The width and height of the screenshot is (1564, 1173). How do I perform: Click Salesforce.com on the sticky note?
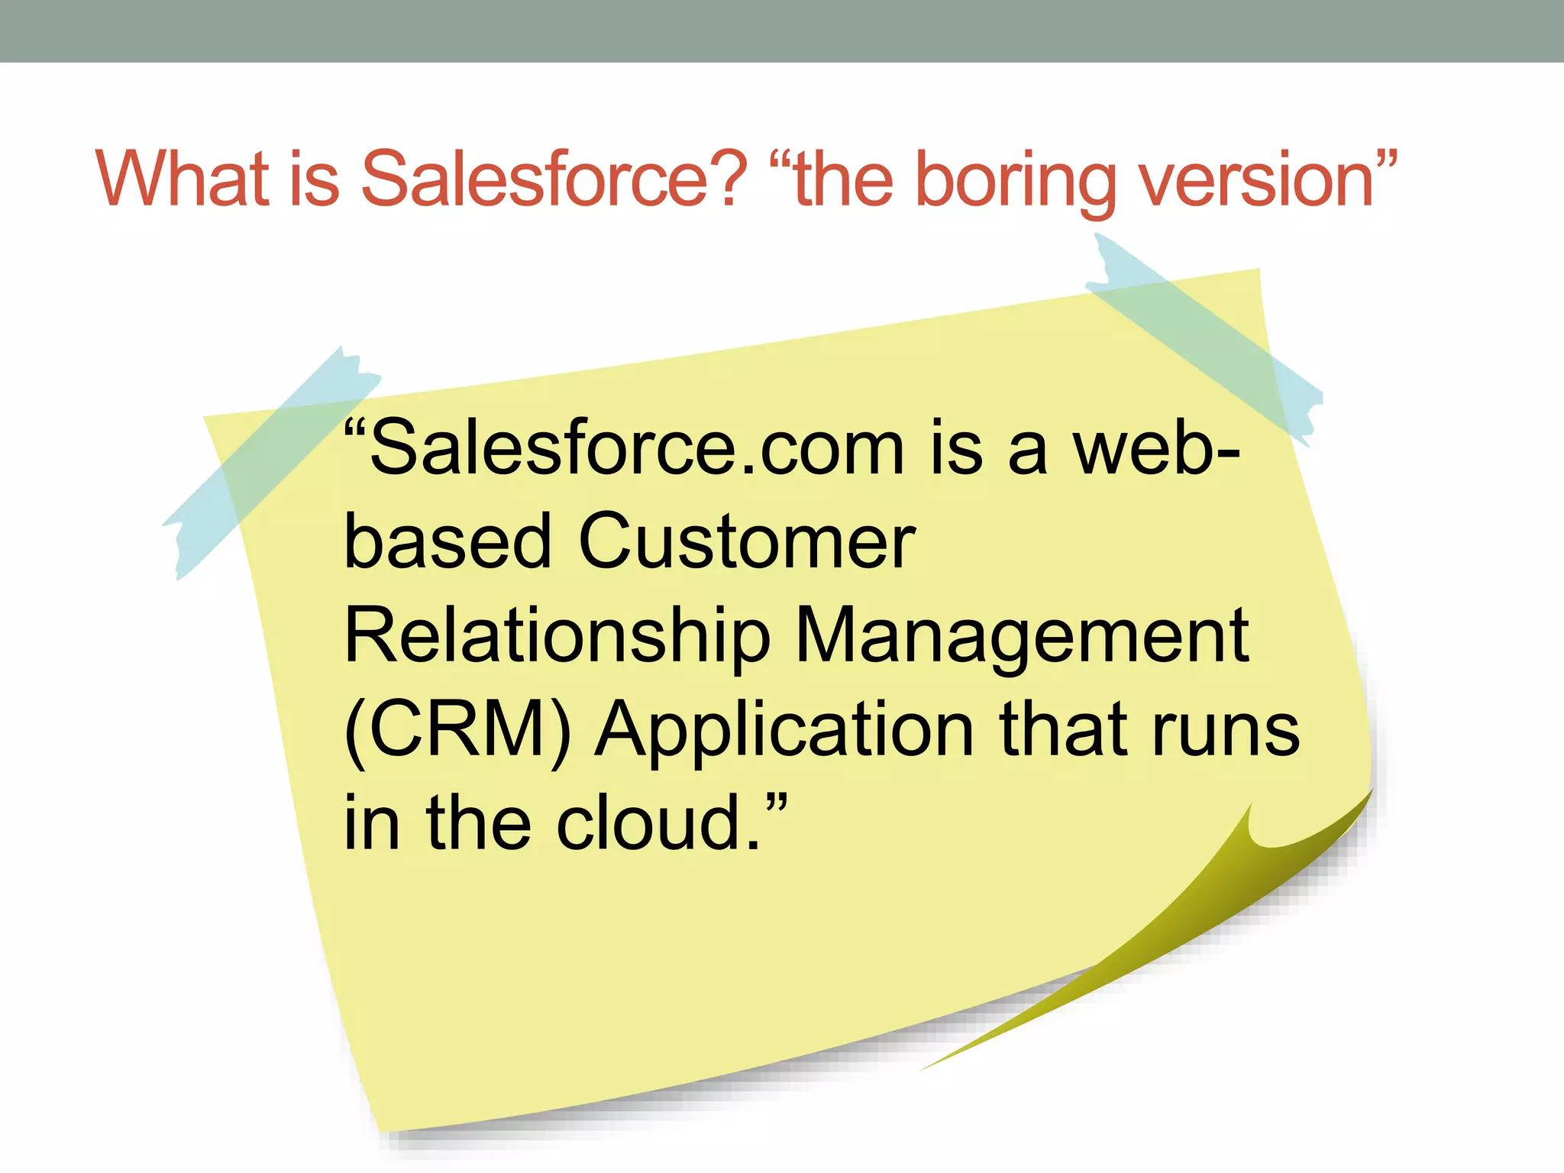point(637,449)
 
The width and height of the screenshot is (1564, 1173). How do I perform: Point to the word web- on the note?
point(1156,449)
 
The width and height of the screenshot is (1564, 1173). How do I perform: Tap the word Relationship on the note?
point(557,635)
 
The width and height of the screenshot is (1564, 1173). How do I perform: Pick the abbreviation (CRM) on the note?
point(457,730)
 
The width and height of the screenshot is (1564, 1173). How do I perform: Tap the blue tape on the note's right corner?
point(1207,336)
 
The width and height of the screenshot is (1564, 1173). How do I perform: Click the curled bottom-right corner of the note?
point(1222,916)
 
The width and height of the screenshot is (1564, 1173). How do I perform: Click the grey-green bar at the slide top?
point(782,31)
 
